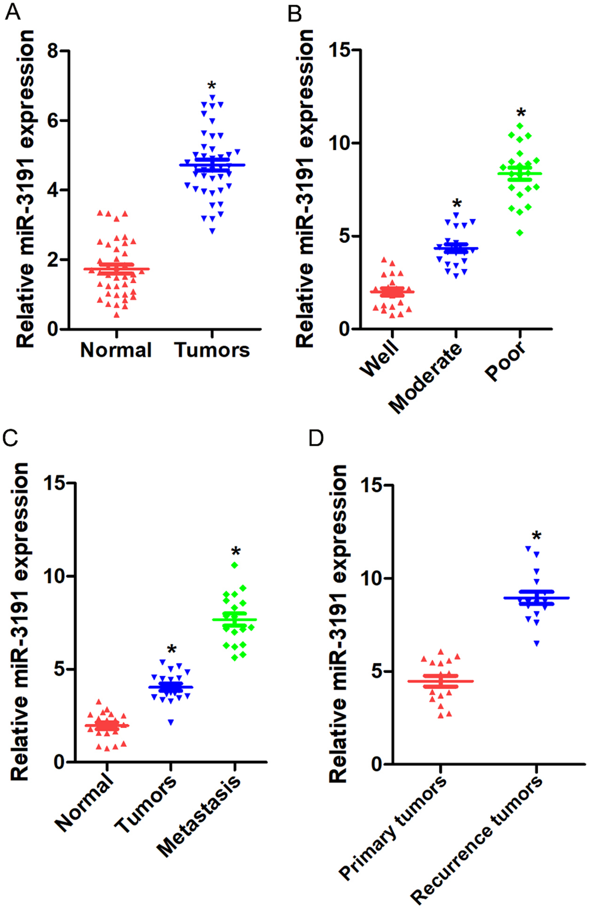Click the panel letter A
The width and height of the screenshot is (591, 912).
coord(13,13)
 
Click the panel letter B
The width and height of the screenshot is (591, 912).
coord(295,14)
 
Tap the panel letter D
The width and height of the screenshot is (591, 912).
coord(316,438)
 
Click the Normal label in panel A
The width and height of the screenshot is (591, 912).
coord(116,350)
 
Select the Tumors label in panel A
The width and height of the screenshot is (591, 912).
coord(212,350)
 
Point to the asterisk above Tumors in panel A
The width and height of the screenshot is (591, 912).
coord(212,86)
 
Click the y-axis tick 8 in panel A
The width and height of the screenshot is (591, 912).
coord(53,51)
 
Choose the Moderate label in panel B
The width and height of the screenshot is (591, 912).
coord(425,378)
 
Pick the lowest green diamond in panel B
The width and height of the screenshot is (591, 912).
coord(520,233)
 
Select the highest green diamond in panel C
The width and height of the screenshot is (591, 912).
coord(234,565)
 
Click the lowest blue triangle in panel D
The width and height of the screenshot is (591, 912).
coord(537,644)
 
